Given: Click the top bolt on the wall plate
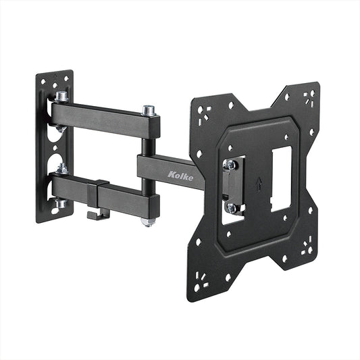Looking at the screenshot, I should tap(61, 97).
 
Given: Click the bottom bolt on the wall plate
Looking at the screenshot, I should tap(61, 203).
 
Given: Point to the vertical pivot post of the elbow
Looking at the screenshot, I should tap(148, 162).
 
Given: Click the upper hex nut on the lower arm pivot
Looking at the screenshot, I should tap(61, 168).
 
